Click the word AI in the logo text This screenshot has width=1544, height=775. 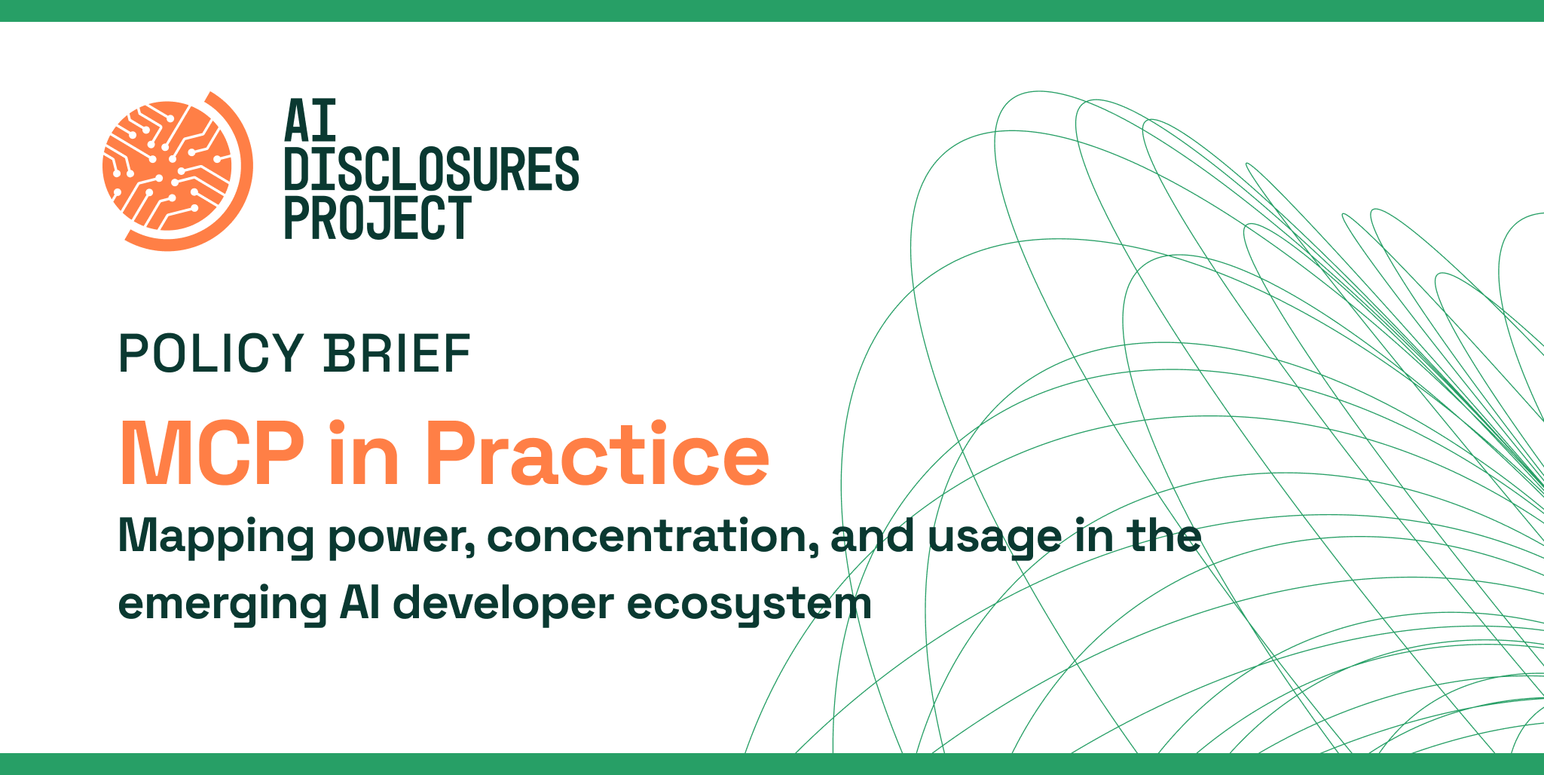tap(310, 121)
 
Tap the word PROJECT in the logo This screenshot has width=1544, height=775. tap(378, 218)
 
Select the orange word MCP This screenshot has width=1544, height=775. tap(212, 454)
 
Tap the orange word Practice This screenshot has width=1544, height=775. tap(597, 454)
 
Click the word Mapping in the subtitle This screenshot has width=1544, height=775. tap(216, 537)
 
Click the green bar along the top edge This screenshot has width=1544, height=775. tap(772, 11)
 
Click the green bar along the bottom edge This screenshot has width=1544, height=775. tap(772, 764)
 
